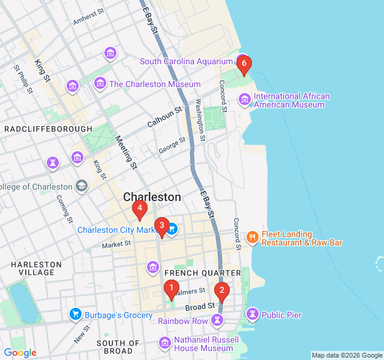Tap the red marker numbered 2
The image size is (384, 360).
coord(222,293)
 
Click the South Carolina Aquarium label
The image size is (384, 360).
coord(186,61)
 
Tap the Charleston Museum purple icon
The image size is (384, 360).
coord(100,84)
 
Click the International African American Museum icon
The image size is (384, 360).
coord(244,99)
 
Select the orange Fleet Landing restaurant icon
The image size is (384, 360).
coord(252,238)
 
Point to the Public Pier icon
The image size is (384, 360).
coord(253,314)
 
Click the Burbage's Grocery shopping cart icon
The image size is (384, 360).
coord(75,314)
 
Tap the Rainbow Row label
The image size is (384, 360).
coord(183,321)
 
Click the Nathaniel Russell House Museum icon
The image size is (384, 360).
coord(164,343)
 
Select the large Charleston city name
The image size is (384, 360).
coord(152,197)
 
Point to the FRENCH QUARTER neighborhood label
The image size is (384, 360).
coord(190,273)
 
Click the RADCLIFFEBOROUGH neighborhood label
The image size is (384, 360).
coord(49,129)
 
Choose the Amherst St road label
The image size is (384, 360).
coord(89,16)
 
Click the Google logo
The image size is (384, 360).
coord(20,353)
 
